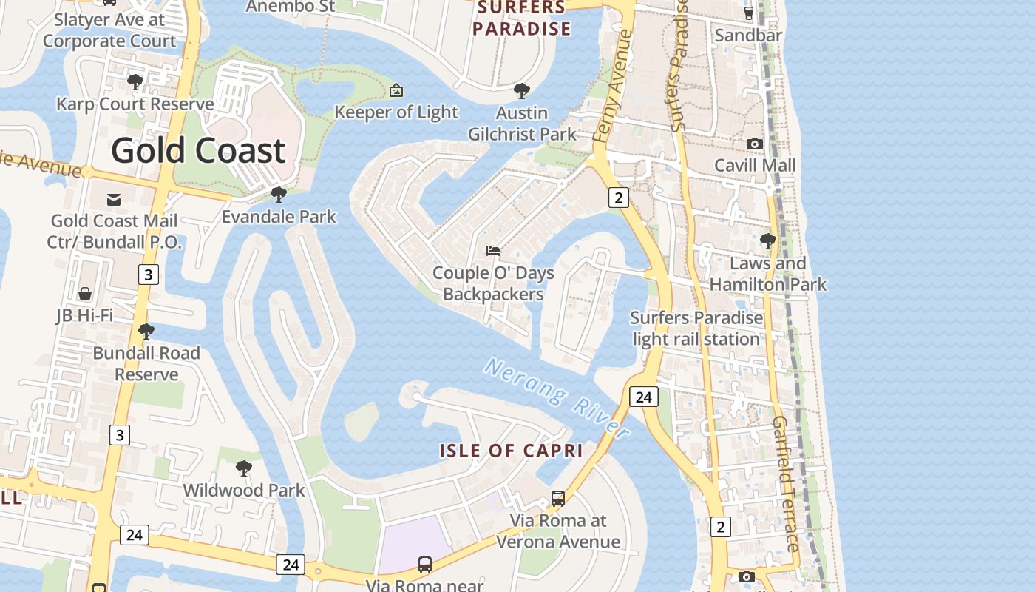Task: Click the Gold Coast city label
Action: pyautogui.click(x=198, y=151)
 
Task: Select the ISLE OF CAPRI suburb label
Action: pyautogui.click(x=512, y=451)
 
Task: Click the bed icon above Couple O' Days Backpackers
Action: pyautogui.click(x=493, y=251)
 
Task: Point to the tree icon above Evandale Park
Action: pyautogui.click(x=279, y=195)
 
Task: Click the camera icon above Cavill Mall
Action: pyautogui.click(x=754, y=144)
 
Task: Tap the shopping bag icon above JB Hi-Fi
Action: pyautogui.click(x=85, y=294)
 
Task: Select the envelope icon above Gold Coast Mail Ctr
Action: pyautogui.click(x=114, y=199)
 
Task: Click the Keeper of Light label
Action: pyautogui.click(x=396, y=112)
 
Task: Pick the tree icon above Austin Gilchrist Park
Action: pyautogui.click(x=522, y=91)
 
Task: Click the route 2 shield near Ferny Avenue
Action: pyautogui.click(x=619, y=197)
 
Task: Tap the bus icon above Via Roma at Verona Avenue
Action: pyautogui.click(x=558, y=499)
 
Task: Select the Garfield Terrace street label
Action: pyautogui.click(x=785, y=483)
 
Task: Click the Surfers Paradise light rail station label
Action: pyautogui.click(x=696, y=329)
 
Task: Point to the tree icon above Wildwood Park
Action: pyautogui.click(x=243, y=468)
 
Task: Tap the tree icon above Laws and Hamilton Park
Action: pyautogui.click(x=768, y=241)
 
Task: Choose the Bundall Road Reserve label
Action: pyautogui.click(x=146, y=363)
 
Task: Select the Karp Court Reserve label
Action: pyautogui.click(x=135, y=104)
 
